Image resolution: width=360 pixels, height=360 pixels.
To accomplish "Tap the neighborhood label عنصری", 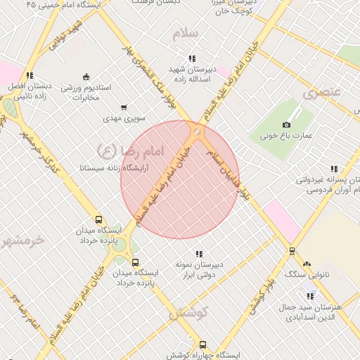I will (322, 92).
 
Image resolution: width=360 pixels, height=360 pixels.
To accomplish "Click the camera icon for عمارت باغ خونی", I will (286, 125).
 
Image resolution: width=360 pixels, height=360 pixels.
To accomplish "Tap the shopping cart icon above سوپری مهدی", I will (124, 108).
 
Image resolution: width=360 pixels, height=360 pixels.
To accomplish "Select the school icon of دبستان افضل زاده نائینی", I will (29, 75).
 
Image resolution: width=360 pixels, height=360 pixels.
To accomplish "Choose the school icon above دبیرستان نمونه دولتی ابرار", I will (199, 253).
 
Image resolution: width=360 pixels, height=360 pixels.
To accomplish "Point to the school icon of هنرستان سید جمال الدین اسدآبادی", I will (310, 296).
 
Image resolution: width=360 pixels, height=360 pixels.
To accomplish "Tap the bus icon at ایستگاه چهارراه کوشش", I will (202, 345).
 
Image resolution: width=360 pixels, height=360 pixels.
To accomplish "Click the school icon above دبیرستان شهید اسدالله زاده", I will (191, 59).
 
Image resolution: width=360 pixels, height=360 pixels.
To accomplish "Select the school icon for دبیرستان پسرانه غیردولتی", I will (333, 169).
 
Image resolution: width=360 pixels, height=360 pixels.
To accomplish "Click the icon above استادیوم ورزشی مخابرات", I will (86, 77).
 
